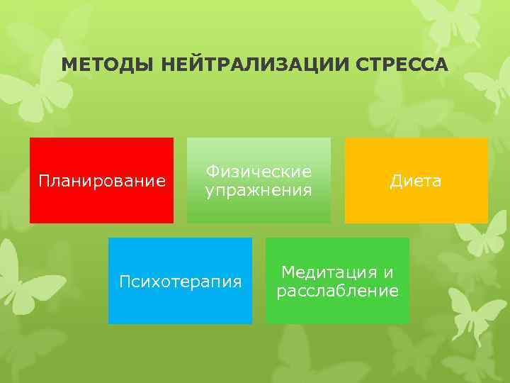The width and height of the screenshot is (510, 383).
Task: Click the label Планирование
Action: coord(101,182)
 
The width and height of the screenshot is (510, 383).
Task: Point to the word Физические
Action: coord(259,172)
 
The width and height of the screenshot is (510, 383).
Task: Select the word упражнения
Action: coord(259,190)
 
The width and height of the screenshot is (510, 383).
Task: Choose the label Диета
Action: coord(416,182)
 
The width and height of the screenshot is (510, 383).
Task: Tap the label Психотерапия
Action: coord(180,282)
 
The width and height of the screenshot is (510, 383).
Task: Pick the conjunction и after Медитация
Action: coord(387,272)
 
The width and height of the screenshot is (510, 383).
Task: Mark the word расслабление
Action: coord(337,291)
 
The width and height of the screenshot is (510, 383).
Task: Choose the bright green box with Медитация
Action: coord(337,312)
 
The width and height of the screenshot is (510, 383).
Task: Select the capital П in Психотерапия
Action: coord(124,282)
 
